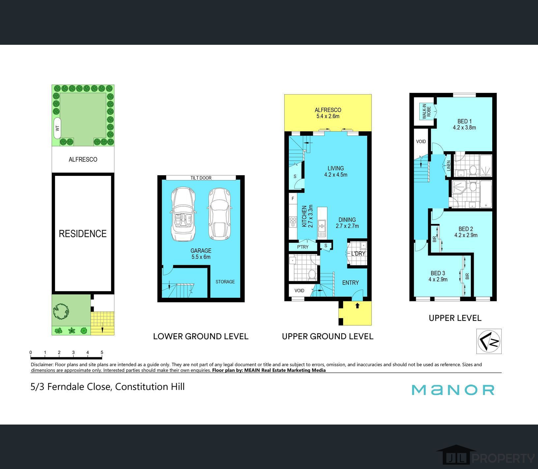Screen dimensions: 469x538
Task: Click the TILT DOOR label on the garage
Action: pos(201,178)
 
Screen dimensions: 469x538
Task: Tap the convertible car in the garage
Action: pos(183,214)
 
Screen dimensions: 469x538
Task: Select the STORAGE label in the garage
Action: pos(225,282)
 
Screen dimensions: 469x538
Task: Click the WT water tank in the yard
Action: pos(57,128)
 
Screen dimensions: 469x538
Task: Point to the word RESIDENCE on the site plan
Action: pos(83,234)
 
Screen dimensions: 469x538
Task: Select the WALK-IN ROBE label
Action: pos(424,111)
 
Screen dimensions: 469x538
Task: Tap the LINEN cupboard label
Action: pos(449,166)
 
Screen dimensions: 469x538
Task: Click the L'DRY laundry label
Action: pos(358,253)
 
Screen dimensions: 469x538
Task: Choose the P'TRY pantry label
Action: pos(303,247)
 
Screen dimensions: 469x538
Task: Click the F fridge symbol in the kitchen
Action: pos(293,199)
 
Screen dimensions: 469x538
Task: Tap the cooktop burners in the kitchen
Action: pos(292,223)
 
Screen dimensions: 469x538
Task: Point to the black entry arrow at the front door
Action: pos(357,305)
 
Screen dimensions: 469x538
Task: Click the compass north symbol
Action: pos(489,341)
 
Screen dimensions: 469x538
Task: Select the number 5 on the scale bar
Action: pos(102,352)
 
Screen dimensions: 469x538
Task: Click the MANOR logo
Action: pos(453,390)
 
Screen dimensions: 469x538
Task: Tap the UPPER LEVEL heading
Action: pos(455,318)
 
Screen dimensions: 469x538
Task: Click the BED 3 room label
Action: pos(438,276)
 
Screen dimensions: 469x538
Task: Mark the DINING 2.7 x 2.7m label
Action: pos(347,223)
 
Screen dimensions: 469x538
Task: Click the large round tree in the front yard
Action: pos(61,311)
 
